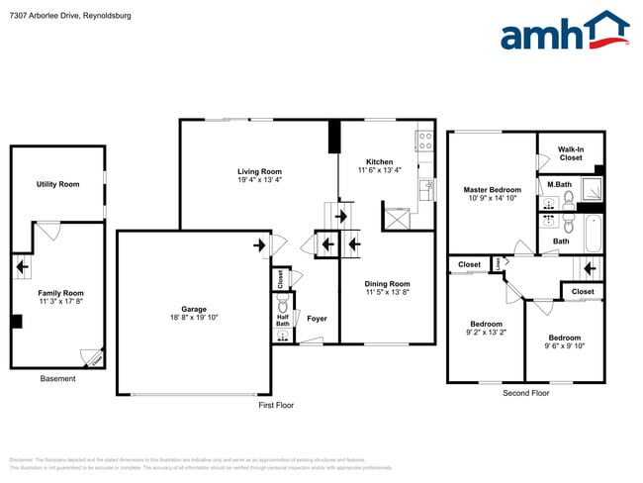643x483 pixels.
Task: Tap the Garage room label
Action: [193, 309]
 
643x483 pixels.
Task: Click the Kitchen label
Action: [380, 162]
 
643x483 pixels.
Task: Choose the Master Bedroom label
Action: [492, 189]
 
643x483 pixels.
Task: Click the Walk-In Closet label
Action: [570, 152]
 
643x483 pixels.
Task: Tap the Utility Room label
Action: [57, 184]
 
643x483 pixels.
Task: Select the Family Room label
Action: [60, 293]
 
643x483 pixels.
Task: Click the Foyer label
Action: [317, 319]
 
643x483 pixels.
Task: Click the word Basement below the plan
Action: [56, 379]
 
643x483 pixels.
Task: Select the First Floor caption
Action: [276, 404]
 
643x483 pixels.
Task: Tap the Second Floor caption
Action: [526, 393]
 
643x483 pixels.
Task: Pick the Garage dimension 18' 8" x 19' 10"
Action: [193, 317]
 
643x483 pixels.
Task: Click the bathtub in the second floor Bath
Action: [594, 235]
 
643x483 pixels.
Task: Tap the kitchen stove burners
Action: [423, 141]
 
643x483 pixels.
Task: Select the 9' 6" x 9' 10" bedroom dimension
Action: [565, 345]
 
